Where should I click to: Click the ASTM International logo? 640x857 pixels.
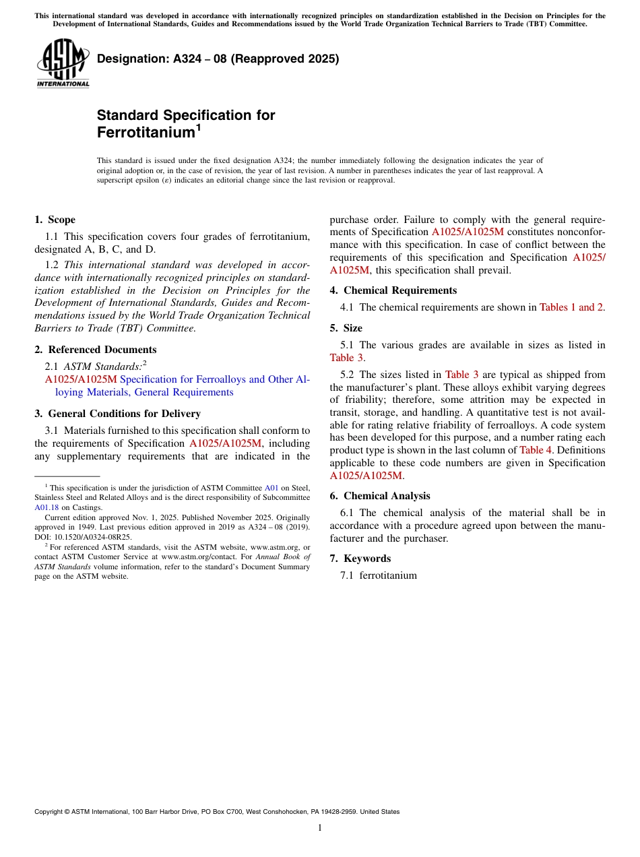pos(63,63)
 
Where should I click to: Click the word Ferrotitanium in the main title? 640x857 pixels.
pos(145,133)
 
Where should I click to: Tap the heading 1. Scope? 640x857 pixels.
pos(55,220)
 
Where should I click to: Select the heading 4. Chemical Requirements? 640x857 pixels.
pos(393,290)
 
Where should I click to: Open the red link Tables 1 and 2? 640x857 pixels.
pos(571,307)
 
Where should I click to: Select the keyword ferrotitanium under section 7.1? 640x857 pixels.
pos(388,575)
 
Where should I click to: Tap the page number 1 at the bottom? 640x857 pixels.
pos(320,828)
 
